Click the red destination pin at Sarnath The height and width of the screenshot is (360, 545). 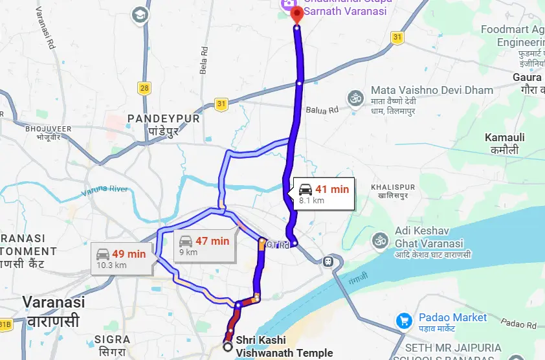tap(296, 14)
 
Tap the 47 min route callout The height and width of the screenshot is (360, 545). tap(205, 245)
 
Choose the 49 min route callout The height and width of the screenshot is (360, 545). tap(121, 258)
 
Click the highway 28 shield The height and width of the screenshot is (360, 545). tap(144, 87)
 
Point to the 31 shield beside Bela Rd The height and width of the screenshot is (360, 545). tap(221, 104)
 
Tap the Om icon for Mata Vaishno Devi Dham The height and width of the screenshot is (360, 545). tap(355, 98)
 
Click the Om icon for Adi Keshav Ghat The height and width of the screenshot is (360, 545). tap(380, 240)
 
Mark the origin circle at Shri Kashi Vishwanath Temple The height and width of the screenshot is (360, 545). tap(227, 347)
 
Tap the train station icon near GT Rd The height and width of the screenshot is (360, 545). tap(328, 262)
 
